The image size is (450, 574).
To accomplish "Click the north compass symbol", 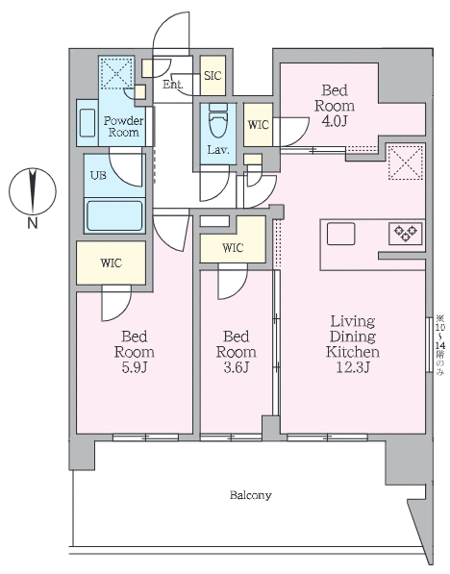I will [33, 190].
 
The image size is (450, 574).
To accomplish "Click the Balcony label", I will [250, 496].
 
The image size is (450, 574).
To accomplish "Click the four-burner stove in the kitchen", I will [404, 233].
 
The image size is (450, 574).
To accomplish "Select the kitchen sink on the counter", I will [341, 234].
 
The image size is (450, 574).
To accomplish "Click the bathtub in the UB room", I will [114, 213].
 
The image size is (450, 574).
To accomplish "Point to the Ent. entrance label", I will [173, 85].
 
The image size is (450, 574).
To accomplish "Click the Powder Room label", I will [123, 126].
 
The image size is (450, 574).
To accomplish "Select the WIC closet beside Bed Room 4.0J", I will [258, 124].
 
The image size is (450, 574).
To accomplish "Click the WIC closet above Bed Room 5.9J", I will [111, 262].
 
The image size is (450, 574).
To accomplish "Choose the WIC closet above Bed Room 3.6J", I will [232, 248].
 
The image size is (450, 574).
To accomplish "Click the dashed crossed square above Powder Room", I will [116, 71].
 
